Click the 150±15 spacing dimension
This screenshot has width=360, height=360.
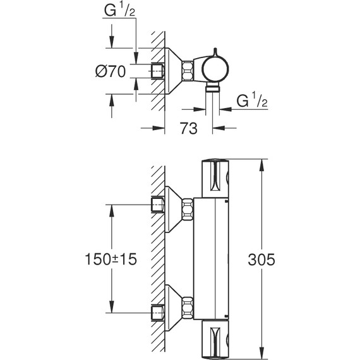click(x=112, y=260)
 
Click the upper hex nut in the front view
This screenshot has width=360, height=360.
click(x=187, y=209)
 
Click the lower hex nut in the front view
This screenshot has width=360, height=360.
click(x=187, y=308)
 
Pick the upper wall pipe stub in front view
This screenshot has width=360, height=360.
click(x=158, y=205)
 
